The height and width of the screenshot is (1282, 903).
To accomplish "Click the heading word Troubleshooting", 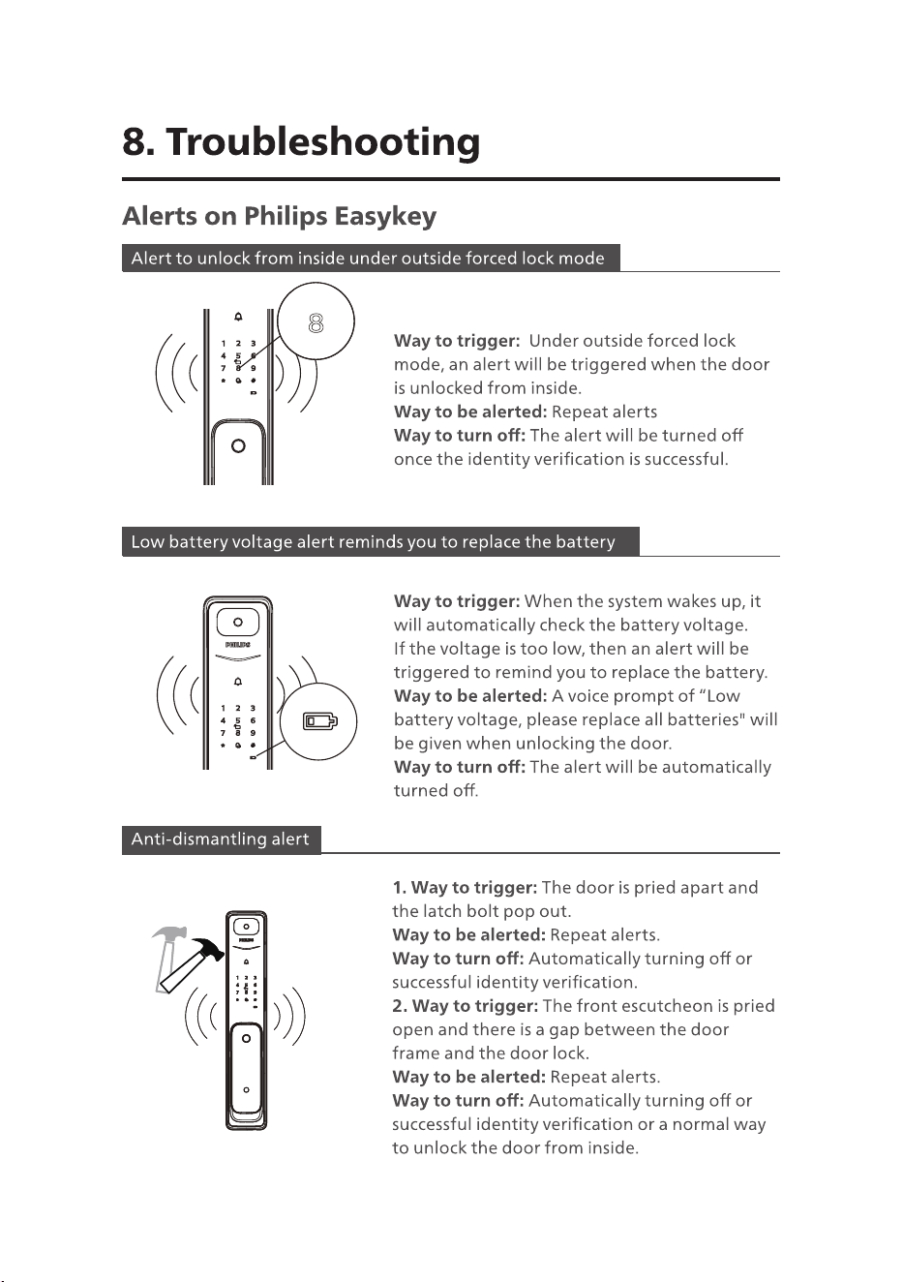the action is point(323,143).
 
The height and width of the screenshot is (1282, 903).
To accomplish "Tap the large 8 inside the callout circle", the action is point(316,322).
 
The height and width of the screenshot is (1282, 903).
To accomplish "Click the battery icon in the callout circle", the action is point(320,721).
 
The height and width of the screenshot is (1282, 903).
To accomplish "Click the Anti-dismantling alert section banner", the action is point(221,839).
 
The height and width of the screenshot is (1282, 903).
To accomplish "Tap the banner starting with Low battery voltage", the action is point(380,541).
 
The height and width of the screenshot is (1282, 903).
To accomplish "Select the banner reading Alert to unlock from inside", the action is point(371,259).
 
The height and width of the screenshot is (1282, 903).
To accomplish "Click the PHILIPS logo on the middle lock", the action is point(237,645).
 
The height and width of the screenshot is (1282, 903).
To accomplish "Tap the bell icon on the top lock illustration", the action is point(238,317).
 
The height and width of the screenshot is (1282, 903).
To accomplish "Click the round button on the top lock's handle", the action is point(238,445).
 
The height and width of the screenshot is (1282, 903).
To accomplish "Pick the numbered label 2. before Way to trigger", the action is point(400,1006).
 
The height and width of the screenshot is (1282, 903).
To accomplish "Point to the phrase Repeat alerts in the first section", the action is point(604,412).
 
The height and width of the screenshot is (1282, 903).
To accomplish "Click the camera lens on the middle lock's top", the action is point(238,622).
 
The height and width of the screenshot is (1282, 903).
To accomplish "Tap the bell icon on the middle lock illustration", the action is point(238,681).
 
